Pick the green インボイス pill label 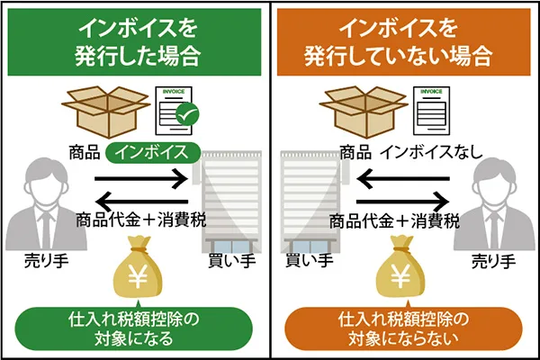pyautogui.click(x=151, y=152)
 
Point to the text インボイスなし pyautogui.click(x=431, y=152)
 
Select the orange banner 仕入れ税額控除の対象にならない pyautogui.click(x=404, y=328)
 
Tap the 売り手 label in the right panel pyautogui.click(x=493, y=262)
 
